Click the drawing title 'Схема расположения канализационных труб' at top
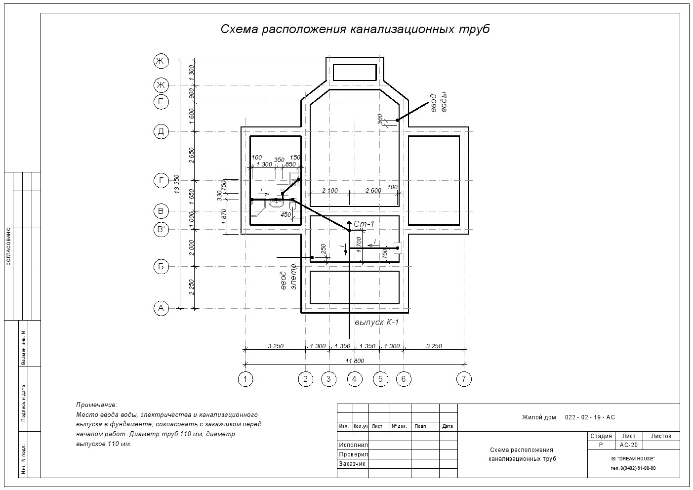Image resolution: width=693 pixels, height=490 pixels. coord(355,29)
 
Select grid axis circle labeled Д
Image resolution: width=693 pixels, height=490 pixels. coord(161,131)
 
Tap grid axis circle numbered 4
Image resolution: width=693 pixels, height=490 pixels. coord(355,379)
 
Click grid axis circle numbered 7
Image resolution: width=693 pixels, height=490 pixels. coord(464,379)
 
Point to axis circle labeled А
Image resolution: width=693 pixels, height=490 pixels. coord(161,308)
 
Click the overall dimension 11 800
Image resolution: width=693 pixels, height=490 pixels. coord(355,361)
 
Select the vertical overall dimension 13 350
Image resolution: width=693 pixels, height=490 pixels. coord(177,184)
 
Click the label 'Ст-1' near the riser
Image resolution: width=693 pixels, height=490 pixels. coord(364,224)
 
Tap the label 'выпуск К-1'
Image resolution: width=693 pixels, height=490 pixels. coord(376,323)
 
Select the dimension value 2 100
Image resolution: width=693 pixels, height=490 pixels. coord(330,191)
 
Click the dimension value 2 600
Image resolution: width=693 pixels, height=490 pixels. coord(373,191)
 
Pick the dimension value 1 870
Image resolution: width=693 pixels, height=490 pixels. coord(224,217)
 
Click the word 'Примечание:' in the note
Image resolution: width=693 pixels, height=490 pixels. coord(97,405)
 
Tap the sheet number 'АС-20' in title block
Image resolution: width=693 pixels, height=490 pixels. coord(629,445)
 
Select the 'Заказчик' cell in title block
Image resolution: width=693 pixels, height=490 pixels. coord(352,464)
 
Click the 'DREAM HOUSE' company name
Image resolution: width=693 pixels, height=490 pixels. coord(633,459)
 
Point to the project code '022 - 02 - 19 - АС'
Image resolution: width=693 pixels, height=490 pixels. coord(590,417)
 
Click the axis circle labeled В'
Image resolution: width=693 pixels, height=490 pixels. coord(161,230)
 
